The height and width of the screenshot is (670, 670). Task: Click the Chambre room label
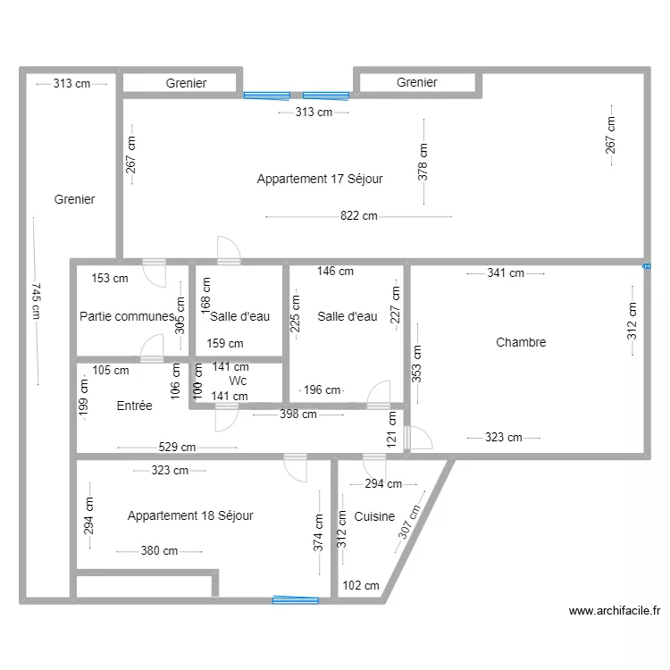pos(521,342)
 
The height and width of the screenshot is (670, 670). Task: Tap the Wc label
pos(238,381)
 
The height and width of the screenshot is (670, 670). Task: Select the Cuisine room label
pos(374,516)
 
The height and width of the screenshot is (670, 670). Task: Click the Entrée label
pos(134,406)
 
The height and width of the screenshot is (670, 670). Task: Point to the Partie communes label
pos(128,316)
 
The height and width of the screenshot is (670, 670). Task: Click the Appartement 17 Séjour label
pos(320,179)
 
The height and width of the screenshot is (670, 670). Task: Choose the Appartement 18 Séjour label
pos(190,515)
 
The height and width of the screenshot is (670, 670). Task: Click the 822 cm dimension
pos(359,216)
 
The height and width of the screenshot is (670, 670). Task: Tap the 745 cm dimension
pos(37,301)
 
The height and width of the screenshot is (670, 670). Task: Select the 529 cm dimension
pos(177,447)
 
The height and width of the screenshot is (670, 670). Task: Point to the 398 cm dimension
pos(298,414)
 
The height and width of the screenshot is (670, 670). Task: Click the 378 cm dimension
pos(423,162)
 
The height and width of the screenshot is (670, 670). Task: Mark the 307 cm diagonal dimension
pos(409,522)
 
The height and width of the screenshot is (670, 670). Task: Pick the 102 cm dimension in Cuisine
pos(361,585)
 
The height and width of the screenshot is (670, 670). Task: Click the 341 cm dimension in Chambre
pos(506,273)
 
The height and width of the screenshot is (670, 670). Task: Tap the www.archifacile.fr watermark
pos(615,611)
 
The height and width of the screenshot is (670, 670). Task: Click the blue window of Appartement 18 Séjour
pos(296,600)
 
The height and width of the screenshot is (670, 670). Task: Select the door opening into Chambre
pos(418,438)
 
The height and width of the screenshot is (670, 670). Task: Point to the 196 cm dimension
pos(322,389)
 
